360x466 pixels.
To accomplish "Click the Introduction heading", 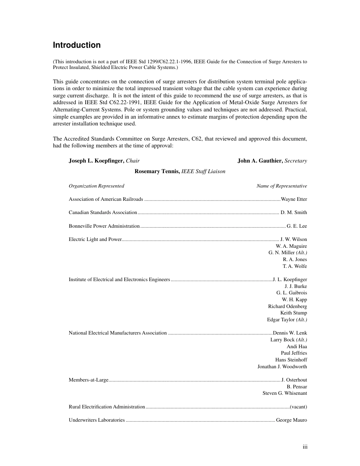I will tap(77, 45).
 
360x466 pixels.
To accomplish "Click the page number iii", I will tap(305, 447).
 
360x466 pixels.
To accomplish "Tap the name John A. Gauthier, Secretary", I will tap(272, 161).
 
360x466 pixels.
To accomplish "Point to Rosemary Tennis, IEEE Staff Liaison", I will tap(180, 171).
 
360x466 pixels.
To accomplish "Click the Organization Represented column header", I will tap(96, 186).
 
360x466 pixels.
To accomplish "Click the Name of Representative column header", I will tap(282, 186).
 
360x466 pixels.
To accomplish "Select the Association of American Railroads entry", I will tap(106, 199).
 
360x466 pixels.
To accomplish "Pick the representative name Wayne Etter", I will tap(294, 199).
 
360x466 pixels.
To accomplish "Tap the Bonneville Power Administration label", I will tap(104, 226).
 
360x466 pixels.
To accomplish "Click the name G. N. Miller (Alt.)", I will tap(288, 253).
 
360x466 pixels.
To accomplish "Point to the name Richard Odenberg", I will tap(288, 306).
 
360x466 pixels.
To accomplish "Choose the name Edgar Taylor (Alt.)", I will tap(287, 320).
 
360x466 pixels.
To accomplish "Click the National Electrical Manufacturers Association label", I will tap(117, 333).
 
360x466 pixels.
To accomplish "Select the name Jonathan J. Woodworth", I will tap(282, 366).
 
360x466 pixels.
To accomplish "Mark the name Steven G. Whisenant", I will tap(285, 393).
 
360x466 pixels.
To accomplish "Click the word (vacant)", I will tap(298, 407).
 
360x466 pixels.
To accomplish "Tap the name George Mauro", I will tap(292, 420).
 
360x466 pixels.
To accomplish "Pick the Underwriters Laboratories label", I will tap(97, 420).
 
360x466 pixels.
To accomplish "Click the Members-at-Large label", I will tap(89, 380).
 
